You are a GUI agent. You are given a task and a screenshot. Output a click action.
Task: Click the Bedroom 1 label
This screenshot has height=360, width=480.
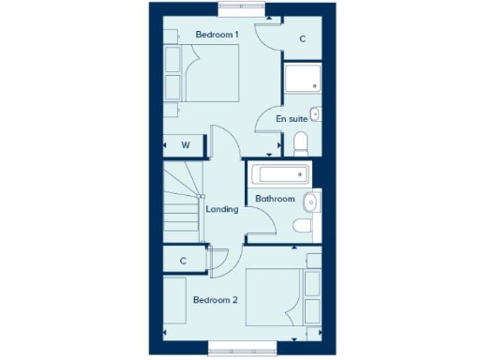(x=217, y=35)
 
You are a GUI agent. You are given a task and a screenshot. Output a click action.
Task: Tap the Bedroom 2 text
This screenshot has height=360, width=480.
(x=215, y=300)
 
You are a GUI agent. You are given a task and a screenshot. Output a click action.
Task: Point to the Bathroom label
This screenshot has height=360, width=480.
(x=276, y=199)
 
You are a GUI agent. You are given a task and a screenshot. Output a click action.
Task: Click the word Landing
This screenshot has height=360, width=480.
(x=222, y=209)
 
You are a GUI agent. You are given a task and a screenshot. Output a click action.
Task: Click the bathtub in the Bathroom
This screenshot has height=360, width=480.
(x=279, y=174)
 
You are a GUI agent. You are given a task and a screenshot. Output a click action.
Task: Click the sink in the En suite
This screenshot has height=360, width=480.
(x=315, y=114)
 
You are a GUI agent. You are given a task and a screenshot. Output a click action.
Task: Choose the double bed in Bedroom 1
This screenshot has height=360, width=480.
(x=212, y=75)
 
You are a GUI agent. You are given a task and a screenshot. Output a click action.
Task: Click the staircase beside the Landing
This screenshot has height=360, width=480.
(x=184, y=202)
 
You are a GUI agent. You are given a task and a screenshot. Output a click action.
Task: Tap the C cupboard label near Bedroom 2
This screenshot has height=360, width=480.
(x=183, y=261)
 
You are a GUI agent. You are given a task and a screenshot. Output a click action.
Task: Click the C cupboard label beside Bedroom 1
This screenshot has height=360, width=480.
(x=302, y=39)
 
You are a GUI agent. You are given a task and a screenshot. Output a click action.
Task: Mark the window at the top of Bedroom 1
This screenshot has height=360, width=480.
(x=240, y=7)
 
